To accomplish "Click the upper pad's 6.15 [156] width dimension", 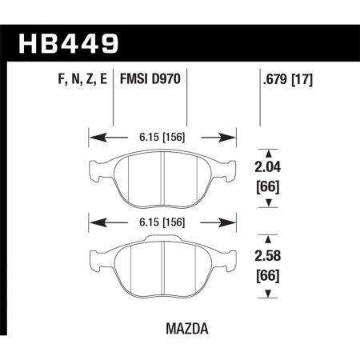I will click(x=162, y=136).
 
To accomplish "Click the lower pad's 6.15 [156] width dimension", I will click(x=162, y=222).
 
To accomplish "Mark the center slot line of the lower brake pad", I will click(x=163, y=265).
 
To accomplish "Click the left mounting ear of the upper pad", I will click(x=92, y=168).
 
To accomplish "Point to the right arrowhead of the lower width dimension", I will click(x=233, y=222).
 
